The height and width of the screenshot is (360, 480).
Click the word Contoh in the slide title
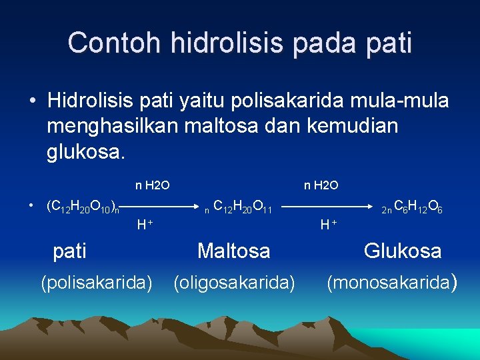click(114, 43)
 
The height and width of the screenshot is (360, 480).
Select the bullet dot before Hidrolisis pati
click(32, 102)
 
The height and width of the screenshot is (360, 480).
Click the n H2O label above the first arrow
click(153, 185)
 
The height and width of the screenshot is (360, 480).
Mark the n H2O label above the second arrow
click(321, 185)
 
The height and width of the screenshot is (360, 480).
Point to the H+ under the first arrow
click(145, 225)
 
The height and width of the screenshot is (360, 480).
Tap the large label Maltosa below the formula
click(233, 251)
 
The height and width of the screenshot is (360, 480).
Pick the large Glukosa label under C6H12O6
click(403, 251)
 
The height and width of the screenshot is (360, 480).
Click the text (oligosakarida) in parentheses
click(234, 283)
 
